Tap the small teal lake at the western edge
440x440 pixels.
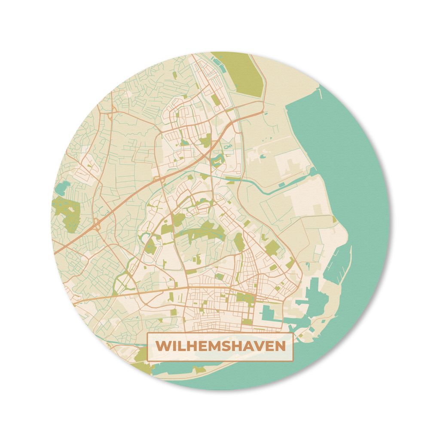tap(62, 188)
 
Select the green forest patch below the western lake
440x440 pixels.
tap(67, 213)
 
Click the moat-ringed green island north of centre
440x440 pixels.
tap(217, 161)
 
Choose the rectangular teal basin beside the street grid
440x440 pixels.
tap(269, 314)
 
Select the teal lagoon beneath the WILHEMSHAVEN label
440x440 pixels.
tap(180, 367)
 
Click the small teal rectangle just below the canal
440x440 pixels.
tap(281, 185)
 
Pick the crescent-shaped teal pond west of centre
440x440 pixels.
tap(147, 239)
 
